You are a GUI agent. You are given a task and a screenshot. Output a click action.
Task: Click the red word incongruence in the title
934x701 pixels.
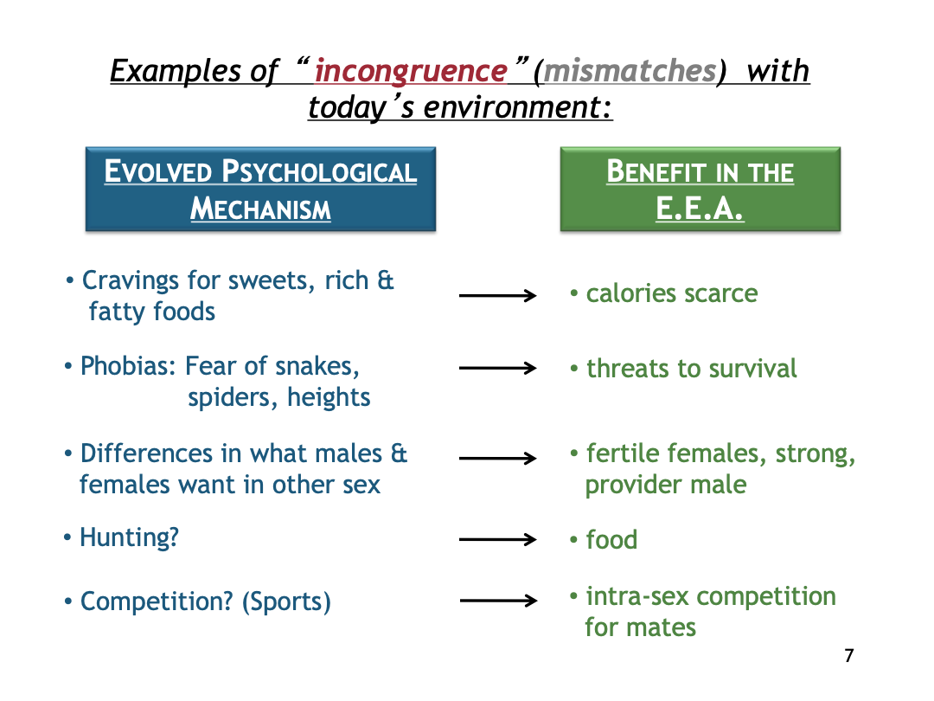411,72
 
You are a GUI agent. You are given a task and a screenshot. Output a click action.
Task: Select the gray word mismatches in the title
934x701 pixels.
629,71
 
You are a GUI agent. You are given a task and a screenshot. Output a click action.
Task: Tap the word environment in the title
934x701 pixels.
517,108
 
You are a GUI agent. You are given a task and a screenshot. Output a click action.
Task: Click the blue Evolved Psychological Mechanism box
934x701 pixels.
261,189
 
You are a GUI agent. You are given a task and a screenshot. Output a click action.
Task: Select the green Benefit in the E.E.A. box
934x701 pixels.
700,189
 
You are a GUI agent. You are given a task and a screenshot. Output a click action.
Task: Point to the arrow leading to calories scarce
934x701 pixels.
498,295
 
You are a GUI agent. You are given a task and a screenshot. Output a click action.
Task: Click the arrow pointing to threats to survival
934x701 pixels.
498,369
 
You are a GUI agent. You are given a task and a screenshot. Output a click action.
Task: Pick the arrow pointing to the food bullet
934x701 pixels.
498,539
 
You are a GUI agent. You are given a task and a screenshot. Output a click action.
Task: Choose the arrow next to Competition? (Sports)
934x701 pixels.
499,601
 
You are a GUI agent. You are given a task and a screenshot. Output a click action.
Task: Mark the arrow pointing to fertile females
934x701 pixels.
498,458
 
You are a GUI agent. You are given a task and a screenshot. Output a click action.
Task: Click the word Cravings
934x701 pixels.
131,281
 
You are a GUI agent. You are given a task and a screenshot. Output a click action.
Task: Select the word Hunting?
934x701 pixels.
129,537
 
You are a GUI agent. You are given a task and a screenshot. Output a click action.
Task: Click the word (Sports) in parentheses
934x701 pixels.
286,602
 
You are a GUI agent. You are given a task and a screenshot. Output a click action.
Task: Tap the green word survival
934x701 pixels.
753,369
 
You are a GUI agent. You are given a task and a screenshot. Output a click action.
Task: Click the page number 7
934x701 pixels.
849,656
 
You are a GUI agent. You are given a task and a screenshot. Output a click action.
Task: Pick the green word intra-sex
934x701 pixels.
637,596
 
